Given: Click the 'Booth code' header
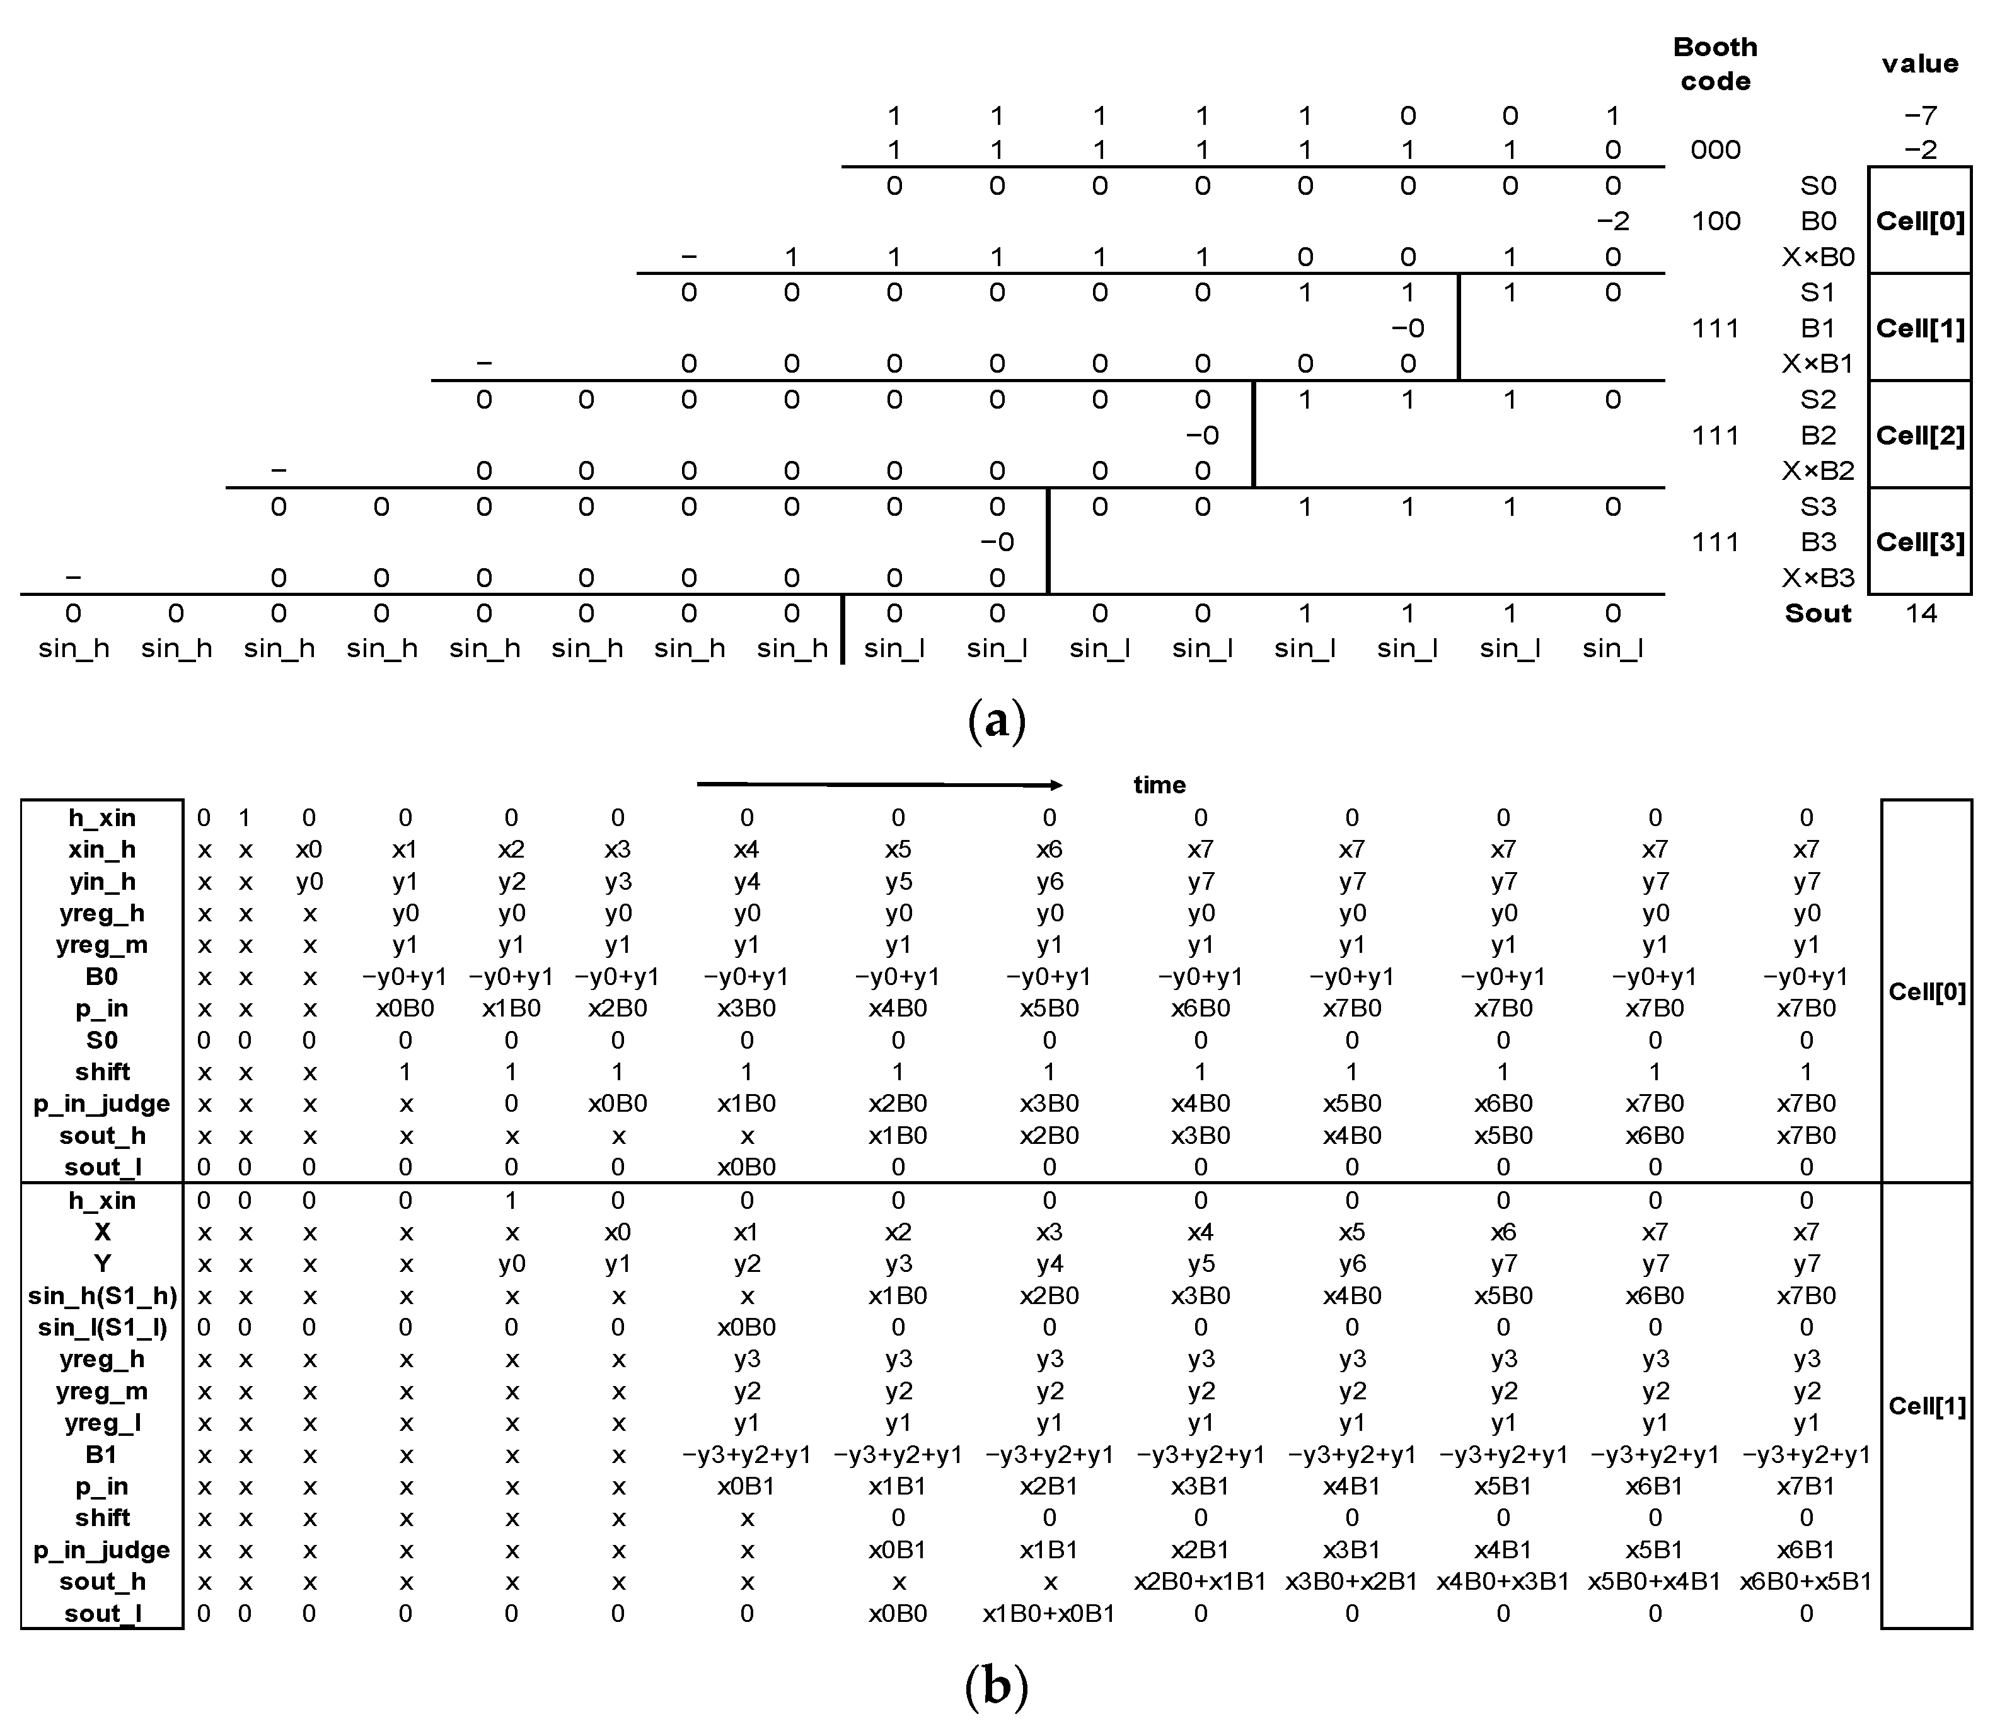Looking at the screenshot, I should click(x=1715, y=64).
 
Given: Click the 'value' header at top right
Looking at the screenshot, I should click(x=1920, y=64).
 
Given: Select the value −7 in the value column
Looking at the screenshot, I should click(x=1920, y=116).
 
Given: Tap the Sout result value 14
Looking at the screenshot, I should click(x=1921, y=614).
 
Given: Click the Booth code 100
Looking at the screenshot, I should click(x=1716, y=221).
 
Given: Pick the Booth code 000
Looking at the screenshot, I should click(x=1716, y=149).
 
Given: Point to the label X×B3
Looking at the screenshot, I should click(x=1819, y=578).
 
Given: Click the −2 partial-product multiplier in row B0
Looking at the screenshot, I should click(x=1612, y=221).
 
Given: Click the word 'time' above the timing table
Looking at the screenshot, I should click(x=1159, y=784).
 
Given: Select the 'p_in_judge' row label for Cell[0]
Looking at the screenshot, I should click(x=102, y=1103).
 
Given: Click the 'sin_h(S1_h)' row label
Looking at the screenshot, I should click(x=102, y=1295).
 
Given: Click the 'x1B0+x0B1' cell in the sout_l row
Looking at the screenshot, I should click(x=1049, y=1613).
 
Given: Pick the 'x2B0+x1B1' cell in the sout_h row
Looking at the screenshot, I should click(x=1200, y=1582).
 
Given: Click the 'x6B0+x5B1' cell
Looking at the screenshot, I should click(x=1806, y=1582).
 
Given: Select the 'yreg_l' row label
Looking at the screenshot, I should click(x=102, y=1423).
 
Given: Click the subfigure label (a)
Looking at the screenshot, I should click(x=997, y=721).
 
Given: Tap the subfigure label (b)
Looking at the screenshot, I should click(x=997, y=1686).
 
